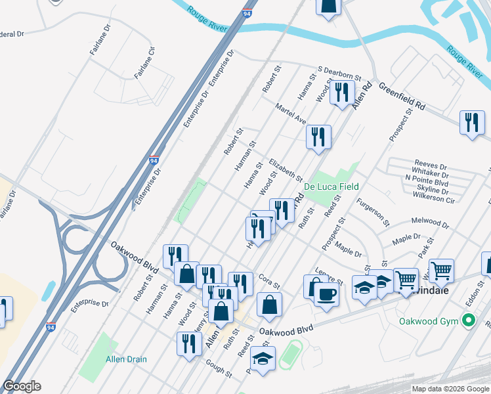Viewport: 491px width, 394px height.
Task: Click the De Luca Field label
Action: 331,187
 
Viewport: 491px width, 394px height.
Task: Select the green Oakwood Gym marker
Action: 468,321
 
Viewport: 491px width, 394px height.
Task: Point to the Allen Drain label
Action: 127,359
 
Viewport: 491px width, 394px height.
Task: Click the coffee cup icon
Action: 326,294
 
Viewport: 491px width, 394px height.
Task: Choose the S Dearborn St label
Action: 339,72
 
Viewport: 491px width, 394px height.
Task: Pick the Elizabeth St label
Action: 286,169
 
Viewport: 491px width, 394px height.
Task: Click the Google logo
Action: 22,386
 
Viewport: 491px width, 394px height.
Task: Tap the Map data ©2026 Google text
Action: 450,389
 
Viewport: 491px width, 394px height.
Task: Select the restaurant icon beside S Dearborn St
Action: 341,93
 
